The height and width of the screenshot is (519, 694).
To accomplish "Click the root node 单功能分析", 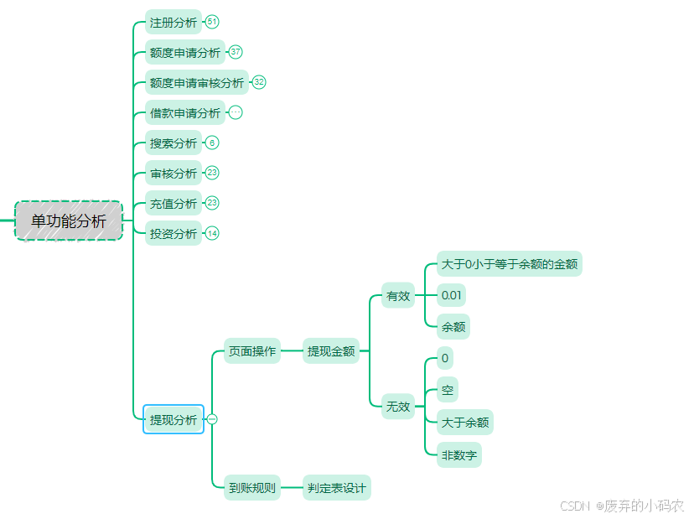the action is tap(69, 221).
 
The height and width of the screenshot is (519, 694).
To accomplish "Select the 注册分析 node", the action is tap(173, 23).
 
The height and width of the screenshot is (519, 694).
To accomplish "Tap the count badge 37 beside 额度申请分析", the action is tap(236, 52).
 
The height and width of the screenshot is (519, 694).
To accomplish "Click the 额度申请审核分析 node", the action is tap(197, 83).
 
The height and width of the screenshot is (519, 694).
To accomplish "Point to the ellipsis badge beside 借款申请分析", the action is tap(236, 112).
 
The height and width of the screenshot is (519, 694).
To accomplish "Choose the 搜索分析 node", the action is tap(173, 143).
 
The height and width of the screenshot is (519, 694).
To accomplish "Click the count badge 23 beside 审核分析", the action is tap(212, 173).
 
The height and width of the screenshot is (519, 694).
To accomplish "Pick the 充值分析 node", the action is tap(173, 204).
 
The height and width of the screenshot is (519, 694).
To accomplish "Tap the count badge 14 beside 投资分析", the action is tap(212, 233).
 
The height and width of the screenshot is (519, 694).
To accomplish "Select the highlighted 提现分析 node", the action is tap(173, 420).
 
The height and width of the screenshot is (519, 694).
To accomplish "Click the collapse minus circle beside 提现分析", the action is tap(212, 419).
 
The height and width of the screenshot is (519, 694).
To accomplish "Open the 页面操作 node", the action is tap(252, 351).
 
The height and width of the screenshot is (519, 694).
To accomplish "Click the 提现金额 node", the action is tap(331, 351).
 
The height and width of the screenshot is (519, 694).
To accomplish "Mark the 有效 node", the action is tap(398, 295).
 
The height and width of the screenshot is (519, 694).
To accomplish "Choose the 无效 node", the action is tap(398, 407).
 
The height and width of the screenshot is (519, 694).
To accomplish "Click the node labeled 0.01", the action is tap(452, 295).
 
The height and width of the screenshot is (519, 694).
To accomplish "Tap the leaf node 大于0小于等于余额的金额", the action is tap(510, 264).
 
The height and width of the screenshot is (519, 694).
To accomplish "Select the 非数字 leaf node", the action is tap(459, 455).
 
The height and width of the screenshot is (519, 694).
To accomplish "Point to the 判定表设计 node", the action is tap(336, 488).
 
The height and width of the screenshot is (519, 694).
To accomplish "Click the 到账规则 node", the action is tap(252, 488).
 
